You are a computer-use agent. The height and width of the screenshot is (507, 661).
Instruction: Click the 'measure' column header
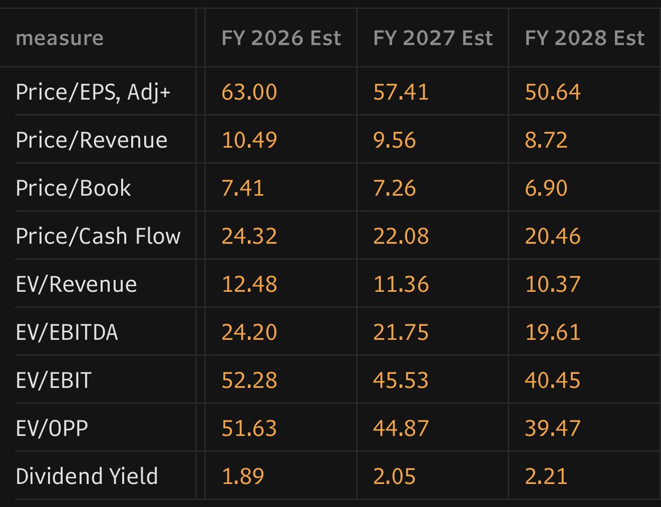point(59,39)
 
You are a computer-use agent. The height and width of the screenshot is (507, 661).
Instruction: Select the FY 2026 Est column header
point(281,38)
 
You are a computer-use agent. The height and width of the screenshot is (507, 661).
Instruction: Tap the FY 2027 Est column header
point(433,38)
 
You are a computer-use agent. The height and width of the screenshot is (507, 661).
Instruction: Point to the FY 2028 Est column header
point(584,38)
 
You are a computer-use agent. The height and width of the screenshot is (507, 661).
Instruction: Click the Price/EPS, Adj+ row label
point(93,92)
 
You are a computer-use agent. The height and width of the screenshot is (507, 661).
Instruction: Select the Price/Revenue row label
point(91,140)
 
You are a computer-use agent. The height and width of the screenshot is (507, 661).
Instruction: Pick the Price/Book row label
point(73,188)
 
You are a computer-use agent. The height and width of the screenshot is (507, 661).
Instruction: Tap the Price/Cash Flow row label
point(98,236)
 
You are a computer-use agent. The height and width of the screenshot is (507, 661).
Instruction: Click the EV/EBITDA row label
point(67,332)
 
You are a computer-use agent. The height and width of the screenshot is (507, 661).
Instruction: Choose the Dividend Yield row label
point(87,476)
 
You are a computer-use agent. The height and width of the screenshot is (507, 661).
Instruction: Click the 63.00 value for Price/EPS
point(249,92)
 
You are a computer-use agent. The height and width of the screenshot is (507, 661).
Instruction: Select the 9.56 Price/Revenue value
point(394,140)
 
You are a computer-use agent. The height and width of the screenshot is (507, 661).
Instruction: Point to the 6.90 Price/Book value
point(546,188)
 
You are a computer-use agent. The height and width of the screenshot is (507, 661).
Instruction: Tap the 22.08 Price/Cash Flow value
point(401,236)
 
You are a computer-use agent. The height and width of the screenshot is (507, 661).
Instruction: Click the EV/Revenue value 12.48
point(249,284)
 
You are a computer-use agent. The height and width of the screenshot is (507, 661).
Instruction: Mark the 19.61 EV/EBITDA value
point(552,332)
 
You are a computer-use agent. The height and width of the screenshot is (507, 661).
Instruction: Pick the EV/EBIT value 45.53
point(401,380)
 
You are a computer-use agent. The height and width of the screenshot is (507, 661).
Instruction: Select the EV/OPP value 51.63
point(249,428)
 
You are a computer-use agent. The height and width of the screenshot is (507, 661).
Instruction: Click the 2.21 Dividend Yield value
point(546,476)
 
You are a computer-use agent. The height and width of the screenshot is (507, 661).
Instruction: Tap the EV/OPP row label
point(52,428)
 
